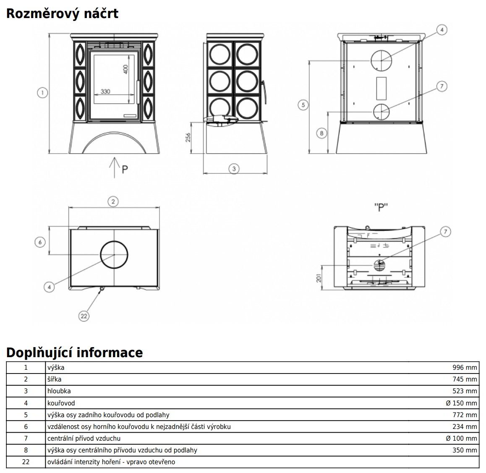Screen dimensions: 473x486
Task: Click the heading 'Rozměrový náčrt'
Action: (62, 13)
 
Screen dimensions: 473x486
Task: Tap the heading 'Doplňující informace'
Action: (74, 352)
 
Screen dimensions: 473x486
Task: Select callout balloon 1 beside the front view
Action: (42, 92)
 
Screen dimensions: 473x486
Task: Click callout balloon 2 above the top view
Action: (113, 201)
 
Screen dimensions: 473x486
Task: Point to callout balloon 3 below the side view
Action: (234, 169)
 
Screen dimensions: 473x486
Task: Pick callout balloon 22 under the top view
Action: (84, 316)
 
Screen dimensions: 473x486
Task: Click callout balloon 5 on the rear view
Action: (303, 105)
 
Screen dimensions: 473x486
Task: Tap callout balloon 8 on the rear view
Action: (321, 133)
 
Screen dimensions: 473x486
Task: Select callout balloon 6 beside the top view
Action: (40, 242)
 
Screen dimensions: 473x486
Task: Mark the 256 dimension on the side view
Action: (188, 138)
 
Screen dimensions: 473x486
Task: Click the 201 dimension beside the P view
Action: (318, 277)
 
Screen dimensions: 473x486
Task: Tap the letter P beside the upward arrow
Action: (125, 170)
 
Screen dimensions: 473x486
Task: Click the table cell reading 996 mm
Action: (465, 368)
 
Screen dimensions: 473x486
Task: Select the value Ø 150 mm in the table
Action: (461, 403)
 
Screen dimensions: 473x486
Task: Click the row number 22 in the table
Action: (26, 462)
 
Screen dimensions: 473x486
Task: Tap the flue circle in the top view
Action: (114, 255)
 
